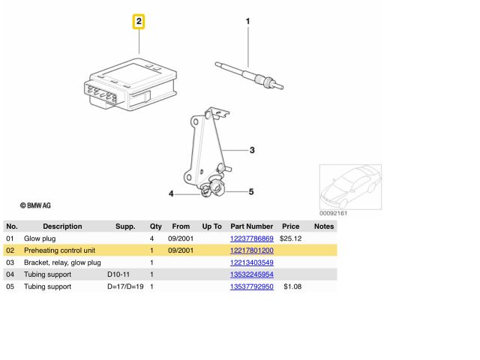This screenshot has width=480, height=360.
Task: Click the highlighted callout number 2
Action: (x=139, y=22)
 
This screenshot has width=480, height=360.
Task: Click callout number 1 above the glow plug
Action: (x=248, y=21)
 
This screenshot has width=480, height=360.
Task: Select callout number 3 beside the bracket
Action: (x=252, y=150)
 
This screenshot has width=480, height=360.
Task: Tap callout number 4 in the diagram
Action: (x=171, y=193)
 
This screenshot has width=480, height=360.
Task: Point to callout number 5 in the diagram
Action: (x=251, y=192)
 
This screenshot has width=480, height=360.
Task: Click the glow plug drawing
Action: (x=249, y=75)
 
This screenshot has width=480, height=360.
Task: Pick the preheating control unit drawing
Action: (x=130, y=85)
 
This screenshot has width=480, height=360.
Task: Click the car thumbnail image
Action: (x=350, y=187)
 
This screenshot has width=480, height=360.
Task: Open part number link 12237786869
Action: (x=252, y=238)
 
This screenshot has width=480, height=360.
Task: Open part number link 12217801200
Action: (x=252, y=250)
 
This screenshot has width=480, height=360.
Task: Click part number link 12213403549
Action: (x=252, y=262)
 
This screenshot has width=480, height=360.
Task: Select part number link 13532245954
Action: (x=252, y=274)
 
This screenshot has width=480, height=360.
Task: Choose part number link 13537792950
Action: (x=252, y=286)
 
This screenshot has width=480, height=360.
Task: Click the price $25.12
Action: (x=290, y=238)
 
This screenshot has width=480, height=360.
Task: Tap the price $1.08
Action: (x=292, y=286)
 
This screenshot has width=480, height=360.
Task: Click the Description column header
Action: (x=62, y=226)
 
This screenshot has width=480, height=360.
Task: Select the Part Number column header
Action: (x=252, y=226)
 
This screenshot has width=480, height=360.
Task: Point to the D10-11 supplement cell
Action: (x=118, y=274)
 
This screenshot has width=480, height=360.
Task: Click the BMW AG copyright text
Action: (x=35, y=205)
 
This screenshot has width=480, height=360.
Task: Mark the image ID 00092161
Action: (x=333, y=213)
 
